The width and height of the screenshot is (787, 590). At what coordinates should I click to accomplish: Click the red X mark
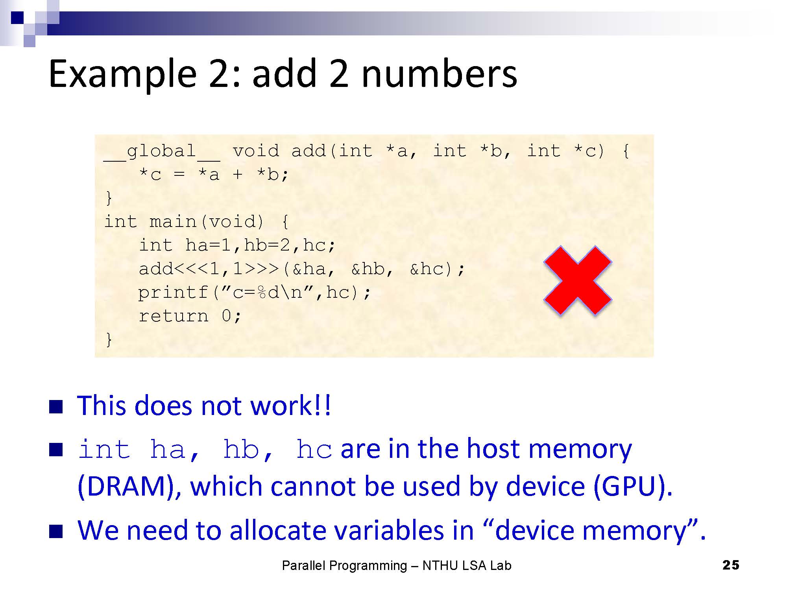[578, 280]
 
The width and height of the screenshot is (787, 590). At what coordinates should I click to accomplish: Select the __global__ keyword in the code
[162, 151]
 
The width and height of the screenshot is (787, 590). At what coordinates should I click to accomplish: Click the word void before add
[256, 151]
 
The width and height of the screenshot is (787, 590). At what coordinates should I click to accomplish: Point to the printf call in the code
[173, 293]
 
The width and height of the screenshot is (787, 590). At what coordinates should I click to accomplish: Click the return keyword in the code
[173, 316]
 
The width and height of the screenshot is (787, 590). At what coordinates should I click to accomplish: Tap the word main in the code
[173, 222]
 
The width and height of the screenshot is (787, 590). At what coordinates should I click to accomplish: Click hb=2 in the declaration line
[267, 245]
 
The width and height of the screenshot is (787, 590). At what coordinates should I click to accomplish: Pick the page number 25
[731, 565]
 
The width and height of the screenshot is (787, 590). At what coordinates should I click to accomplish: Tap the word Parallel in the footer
[304, 566]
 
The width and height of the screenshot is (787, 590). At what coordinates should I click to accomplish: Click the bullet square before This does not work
[56, 407]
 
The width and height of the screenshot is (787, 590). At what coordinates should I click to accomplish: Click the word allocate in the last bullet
[278, 531]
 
